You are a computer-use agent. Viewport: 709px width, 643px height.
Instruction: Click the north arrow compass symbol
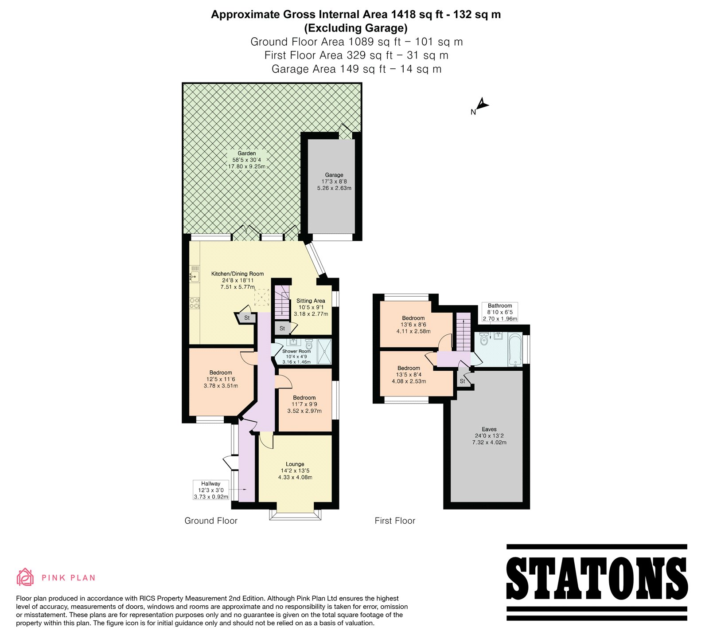(482, 105)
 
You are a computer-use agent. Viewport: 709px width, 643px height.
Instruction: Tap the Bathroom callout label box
(500, 312)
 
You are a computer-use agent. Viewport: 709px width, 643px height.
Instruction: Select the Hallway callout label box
(211, 490)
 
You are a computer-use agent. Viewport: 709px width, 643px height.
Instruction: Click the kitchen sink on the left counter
(194, 274)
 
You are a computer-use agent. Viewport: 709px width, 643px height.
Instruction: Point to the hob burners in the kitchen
(195, 303)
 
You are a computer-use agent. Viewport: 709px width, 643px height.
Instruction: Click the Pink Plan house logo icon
(25, 577)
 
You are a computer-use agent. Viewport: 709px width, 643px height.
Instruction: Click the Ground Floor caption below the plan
(211, 521)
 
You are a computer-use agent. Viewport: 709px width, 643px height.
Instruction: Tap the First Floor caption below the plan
(395, 521)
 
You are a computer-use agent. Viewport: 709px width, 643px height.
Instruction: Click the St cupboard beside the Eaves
(463, 380)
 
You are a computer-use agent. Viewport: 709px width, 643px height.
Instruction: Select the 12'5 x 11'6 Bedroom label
(221, 379)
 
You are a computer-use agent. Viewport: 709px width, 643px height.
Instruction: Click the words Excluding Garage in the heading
(355, 28)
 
